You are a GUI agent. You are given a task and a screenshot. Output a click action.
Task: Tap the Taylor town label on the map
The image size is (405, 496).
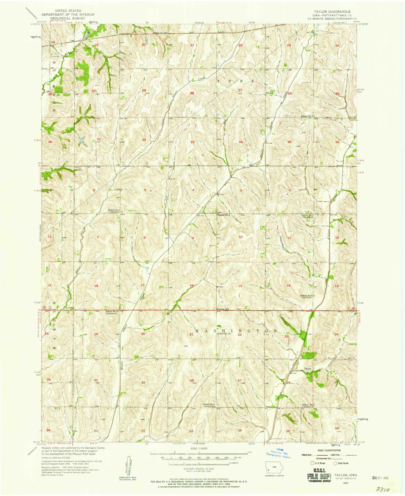point(308,369)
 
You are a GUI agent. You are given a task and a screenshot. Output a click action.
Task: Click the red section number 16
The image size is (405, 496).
point(192,285)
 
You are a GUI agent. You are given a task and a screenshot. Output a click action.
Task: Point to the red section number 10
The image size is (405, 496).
point(240,237)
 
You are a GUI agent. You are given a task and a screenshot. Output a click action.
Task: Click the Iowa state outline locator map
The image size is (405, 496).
point(274,467)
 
